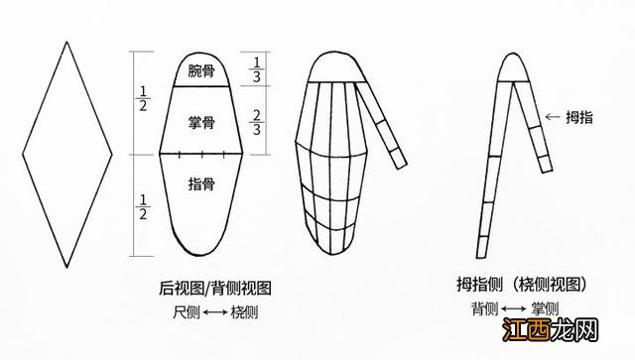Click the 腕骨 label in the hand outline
pos(201,71)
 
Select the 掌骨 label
pos(201,122)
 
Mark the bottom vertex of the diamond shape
pos(67,267)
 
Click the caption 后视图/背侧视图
pos(215,289)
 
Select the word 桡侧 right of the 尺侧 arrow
pos(245,311)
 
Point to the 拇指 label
pos(581,117)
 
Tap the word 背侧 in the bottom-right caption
pos(484,309)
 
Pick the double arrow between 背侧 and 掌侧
pos(514,309)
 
